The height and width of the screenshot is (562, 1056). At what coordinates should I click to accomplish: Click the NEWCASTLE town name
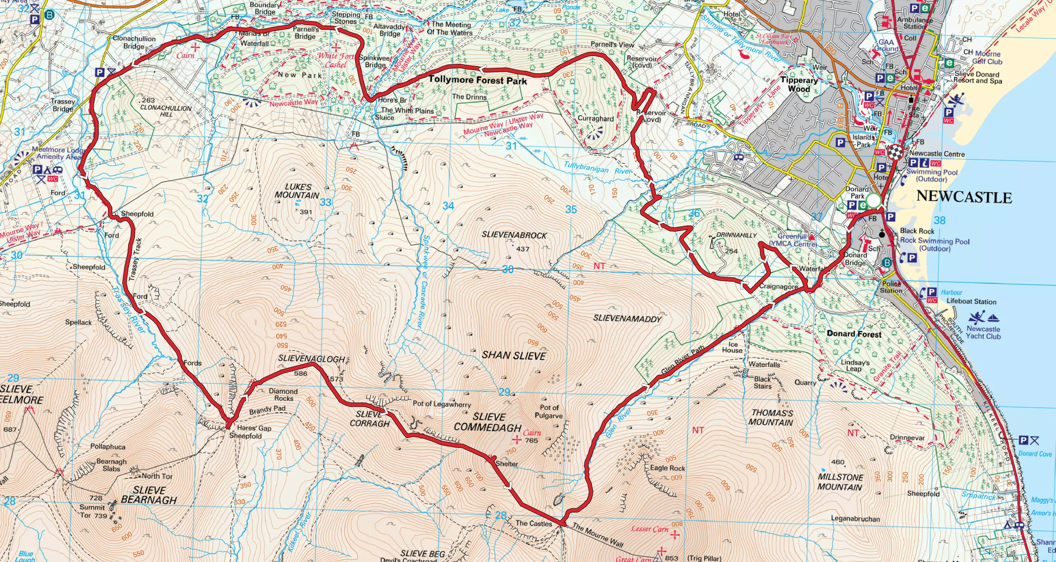[x=964, y=197]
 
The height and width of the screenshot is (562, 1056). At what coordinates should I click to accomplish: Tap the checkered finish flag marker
[x=895, y=152]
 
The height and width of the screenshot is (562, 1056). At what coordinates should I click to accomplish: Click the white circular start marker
[x=874, y=200]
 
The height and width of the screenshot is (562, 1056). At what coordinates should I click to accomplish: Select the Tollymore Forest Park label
[x=478, y=80]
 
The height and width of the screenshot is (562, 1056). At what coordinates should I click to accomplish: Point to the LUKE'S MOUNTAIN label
[x=297, y=191]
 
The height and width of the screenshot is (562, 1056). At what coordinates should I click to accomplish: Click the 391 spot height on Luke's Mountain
[x=305, y=212]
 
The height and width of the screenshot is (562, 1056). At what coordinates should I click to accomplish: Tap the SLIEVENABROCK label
[x=514, y=235]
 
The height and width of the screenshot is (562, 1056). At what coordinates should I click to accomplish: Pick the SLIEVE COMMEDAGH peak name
[x=488, y=422]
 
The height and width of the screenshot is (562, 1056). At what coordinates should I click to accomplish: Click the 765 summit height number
[x=531, y=440]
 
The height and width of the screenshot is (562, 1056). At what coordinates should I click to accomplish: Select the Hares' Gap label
[x=254, y=428]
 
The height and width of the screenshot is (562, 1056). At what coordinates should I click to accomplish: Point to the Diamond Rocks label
[x=283, y=395]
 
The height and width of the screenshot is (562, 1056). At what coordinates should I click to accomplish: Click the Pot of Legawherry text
[x=441, y=404]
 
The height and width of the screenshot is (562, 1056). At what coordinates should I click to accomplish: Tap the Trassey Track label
[x=136, y=259]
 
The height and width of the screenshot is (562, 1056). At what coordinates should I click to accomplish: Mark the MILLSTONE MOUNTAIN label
[x=840, y=482]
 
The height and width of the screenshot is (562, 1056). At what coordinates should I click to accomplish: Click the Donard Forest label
[x=854, y=334]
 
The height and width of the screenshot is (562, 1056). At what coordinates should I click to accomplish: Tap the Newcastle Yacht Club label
[x=983, y=332]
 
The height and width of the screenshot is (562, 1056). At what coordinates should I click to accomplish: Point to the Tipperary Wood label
[x=799, y=84]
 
